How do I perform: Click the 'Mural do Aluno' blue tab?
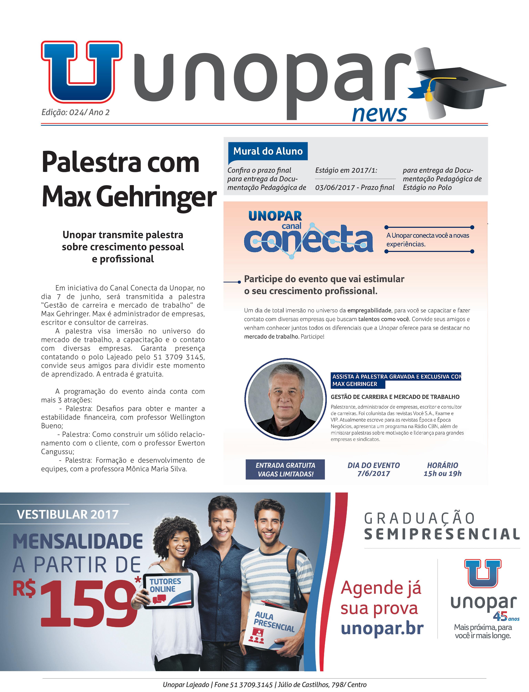(268, 151)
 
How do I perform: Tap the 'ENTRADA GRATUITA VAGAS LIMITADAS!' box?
(285, 470)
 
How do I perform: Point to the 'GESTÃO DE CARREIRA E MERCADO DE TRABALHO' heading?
(395, 397)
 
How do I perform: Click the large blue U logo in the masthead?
(81, 72)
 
